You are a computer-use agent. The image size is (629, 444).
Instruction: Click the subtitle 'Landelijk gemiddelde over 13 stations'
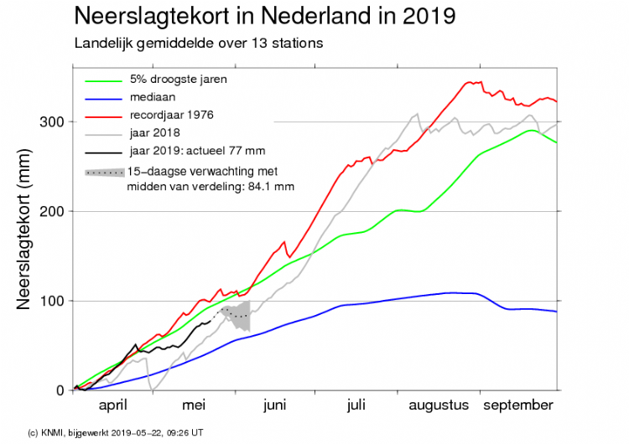click(199, 42)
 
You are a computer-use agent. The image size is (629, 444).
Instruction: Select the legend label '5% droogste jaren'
click(178, 80)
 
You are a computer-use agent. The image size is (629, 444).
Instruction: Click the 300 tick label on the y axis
click(53, 121)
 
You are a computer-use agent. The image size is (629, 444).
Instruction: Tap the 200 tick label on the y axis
click(53, 211)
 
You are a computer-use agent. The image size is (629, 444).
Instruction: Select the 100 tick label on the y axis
click(53, 301)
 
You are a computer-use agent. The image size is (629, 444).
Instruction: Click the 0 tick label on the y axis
click(60, 390)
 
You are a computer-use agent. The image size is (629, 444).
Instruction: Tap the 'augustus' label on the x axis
click(439, 405)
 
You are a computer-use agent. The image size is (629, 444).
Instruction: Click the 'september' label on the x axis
click(517, 405)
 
